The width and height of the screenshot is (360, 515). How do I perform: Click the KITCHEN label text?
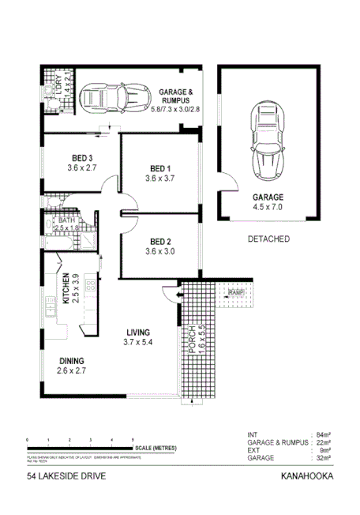(66, 288)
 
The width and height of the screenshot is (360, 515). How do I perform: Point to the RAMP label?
(235, 292)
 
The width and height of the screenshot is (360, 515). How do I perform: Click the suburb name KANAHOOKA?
(306, 477)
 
